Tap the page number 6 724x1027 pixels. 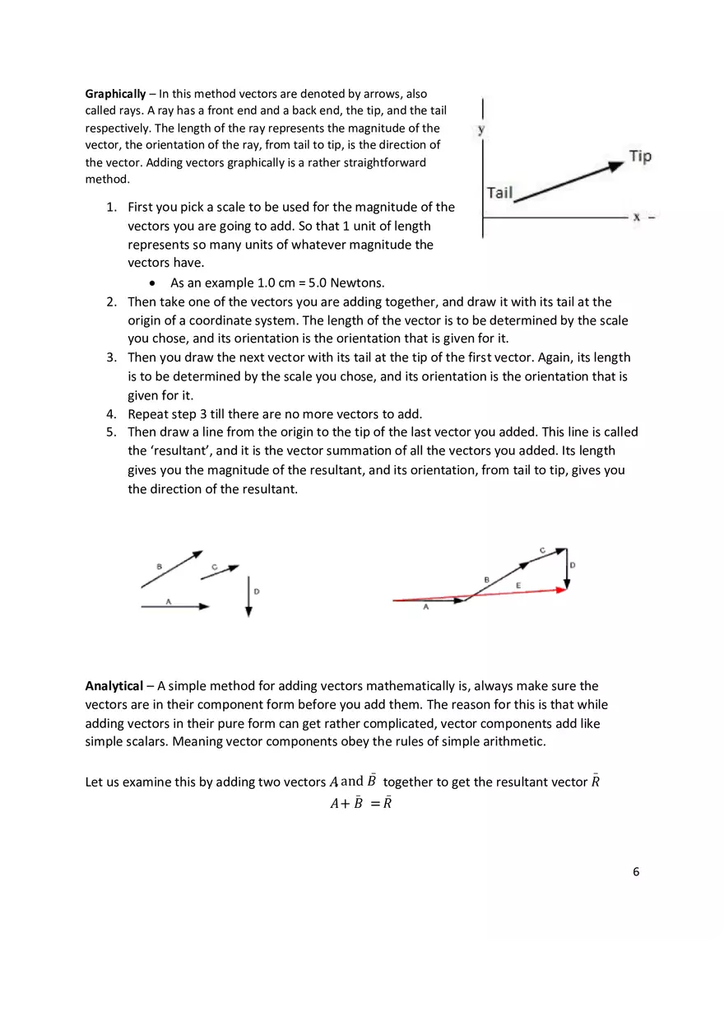[x=636, y=871]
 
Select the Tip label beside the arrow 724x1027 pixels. [x=640, y=156]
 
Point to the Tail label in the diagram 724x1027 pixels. [x=499, y=193]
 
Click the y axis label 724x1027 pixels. [x=480, y=129]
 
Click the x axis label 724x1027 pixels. [x=636, y=217]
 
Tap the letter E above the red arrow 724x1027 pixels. [x=517, y=585]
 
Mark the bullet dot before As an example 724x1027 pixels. [x=153, y=283]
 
